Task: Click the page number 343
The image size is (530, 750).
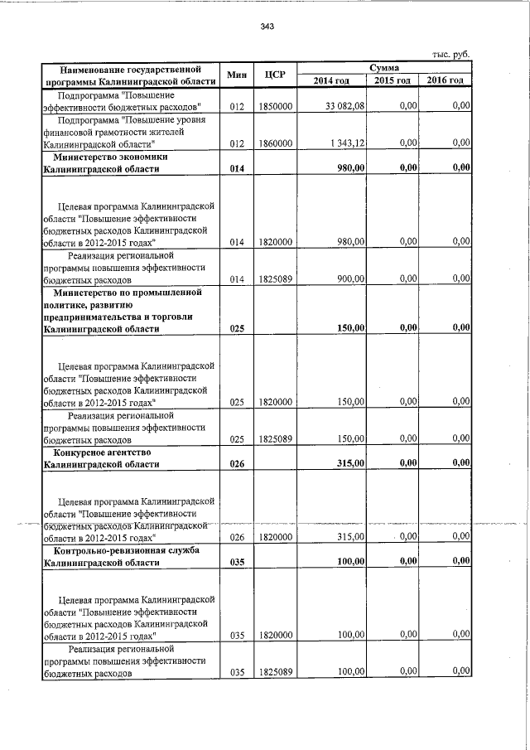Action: tap(267, 27)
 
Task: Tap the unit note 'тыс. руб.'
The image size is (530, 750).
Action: tap(451, 54)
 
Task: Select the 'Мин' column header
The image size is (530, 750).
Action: tap(238, 75)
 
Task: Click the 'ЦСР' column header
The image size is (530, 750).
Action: tap(275, 75)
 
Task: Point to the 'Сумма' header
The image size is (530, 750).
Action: tap(384, 67)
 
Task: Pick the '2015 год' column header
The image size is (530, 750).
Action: tap(393, 80)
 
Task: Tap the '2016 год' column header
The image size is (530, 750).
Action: tap(446, 80)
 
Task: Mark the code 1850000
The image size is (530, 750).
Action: tap(275, 107)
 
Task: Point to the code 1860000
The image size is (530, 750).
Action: tap(275, 143)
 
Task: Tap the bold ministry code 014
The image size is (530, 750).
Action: tap(238, 168)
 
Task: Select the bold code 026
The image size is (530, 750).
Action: tap(238, 464)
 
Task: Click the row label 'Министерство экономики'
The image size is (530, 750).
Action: tap(111, 156)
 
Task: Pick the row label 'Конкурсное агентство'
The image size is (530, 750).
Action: tap(103, 452)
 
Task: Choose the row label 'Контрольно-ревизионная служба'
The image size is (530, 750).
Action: tap(124, 550)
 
